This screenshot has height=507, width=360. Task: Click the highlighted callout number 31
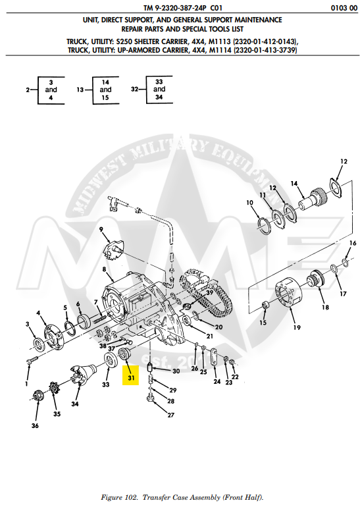[131, 378]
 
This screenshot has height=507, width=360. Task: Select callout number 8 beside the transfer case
[104, 270]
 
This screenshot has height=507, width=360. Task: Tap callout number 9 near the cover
[102, 229]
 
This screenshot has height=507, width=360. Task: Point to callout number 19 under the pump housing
[297, 327]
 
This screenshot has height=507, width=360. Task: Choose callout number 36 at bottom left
[35, 426]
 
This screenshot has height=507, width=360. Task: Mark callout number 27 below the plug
[152, 415]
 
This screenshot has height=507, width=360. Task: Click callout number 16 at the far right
[353, 244]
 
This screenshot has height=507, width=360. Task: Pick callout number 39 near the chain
[209, 292]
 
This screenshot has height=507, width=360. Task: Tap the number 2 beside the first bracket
[28, 89]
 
